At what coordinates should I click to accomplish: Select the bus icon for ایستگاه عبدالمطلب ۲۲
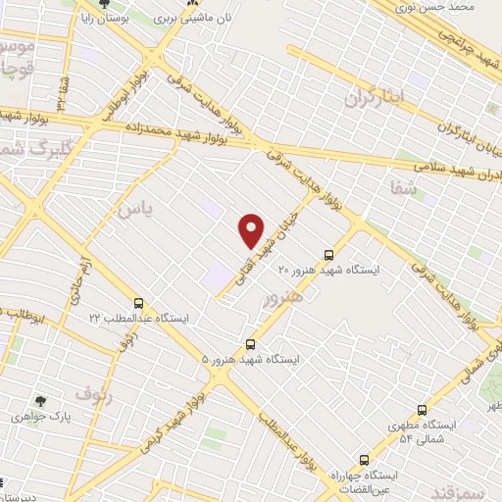[138, 303]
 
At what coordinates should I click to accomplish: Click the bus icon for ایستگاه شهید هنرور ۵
[251, 344]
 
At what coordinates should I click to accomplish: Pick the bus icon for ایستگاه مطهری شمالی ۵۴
[422, 410]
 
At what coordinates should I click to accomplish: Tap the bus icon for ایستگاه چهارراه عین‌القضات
[364, 459]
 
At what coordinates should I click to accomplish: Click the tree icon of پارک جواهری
[39, 400]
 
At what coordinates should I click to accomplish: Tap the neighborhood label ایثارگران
[375, 97]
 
